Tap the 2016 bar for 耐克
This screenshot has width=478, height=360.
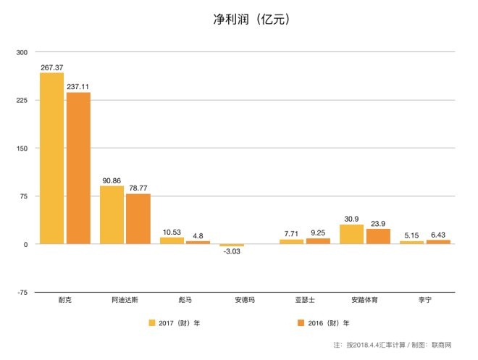[77, 168]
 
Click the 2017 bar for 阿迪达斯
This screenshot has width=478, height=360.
[112, 215]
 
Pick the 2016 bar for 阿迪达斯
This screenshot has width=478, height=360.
[138, 219]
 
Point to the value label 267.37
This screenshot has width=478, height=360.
[52, 67]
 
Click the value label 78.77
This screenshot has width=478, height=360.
[138, 188]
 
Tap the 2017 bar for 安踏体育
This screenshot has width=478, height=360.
[351, 234]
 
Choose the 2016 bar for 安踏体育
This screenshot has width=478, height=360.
[378, 236]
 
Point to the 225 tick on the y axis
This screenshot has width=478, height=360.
[21, 100]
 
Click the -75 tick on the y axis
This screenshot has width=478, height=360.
[22, 292]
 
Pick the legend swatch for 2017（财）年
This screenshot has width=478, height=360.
[152, 323]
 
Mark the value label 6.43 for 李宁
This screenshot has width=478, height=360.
[438, 234]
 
